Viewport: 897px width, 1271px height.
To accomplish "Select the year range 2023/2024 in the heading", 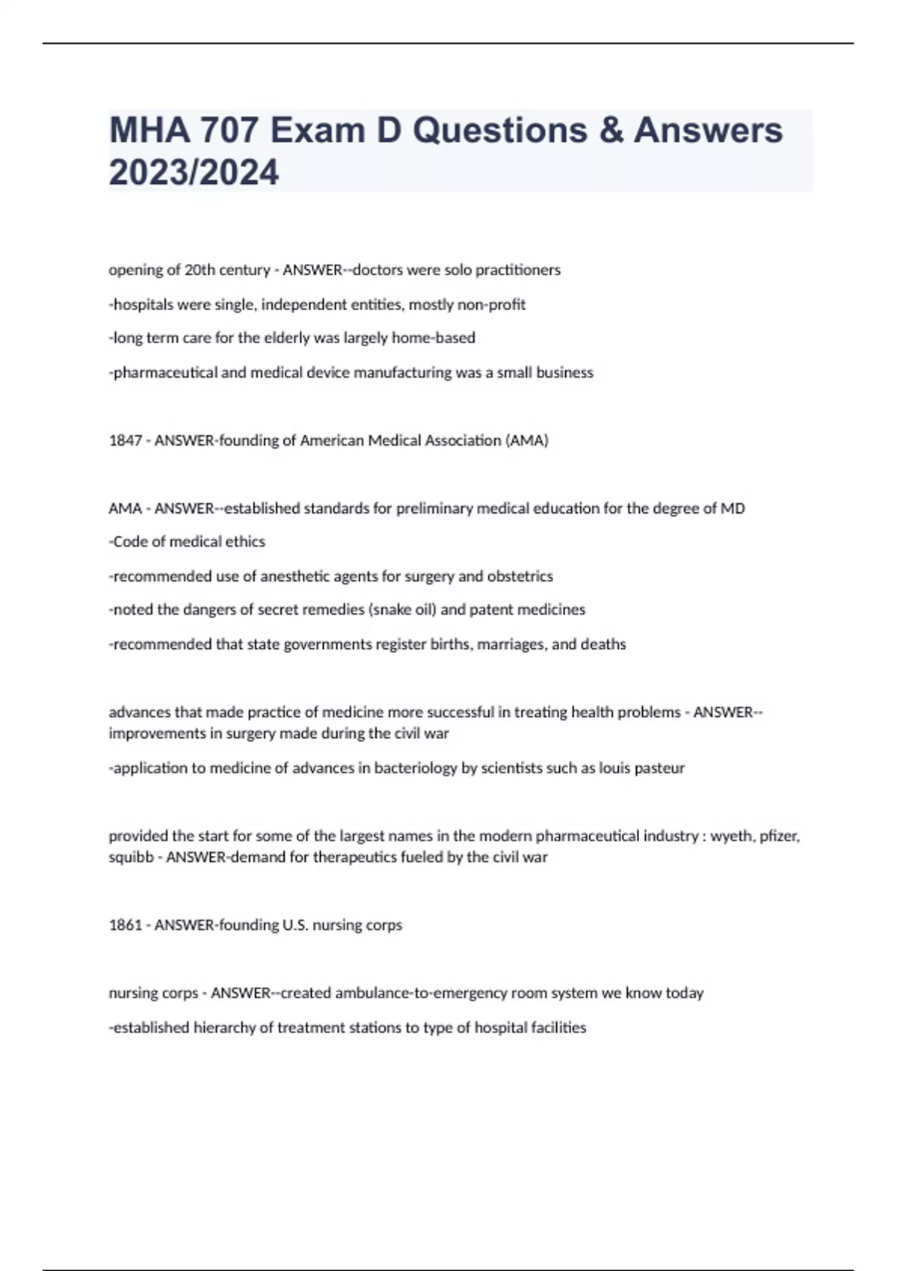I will (x=194, y=172).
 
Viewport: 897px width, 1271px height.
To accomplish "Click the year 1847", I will (x=125, y=440).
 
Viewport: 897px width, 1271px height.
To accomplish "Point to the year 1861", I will (x=125, y=925).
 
